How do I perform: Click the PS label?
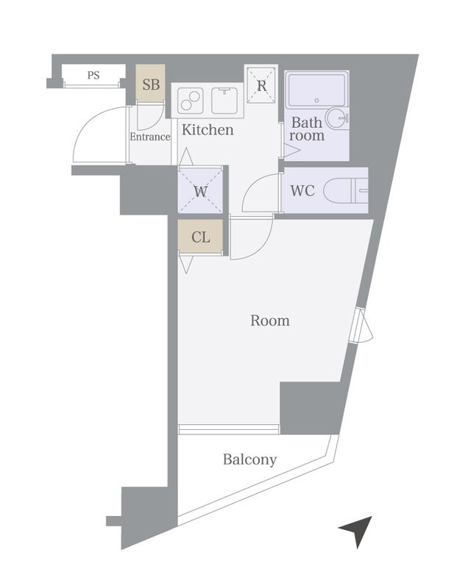tap(93, 76)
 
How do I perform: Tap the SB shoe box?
tap(150, 83)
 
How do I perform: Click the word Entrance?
tap(150, 137)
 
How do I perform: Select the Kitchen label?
tap(208, 130)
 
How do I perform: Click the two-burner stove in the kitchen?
tap(191, 100)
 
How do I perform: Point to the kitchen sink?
tap(224, 100)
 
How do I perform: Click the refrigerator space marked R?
tap(261, 85)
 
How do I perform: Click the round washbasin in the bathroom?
tap(336, 118)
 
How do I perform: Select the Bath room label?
tap(307, 129)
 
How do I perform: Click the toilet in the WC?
tap(346, 190)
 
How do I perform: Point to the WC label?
tap(302, 190)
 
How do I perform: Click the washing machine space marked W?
tap(200, 190)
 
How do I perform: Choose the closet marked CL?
tap(200, 237)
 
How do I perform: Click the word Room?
tap(270, 320)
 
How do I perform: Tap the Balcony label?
tap(249, 459)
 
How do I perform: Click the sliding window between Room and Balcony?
tap(229, 429)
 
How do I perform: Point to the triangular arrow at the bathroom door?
tap(291, 151)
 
